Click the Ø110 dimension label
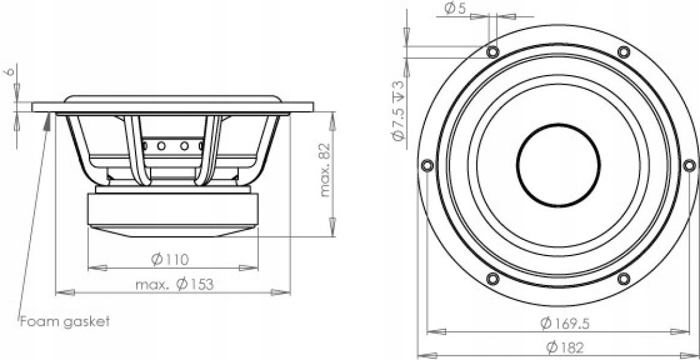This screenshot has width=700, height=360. click(x=170, y=259)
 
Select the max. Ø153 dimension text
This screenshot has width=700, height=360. click(x=174, y=284)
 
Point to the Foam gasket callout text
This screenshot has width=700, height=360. click(x=65, y=322)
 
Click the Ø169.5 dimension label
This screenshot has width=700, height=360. click(x=564, y=323)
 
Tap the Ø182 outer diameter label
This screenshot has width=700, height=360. click(x=564, y=347)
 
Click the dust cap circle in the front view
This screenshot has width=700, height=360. click(x=558, y=165)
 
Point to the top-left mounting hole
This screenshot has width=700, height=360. click(x=493, y=52)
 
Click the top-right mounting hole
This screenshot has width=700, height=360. click(x=624, y=52)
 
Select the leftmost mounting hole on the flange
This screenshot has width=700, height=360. click(x=427, y=165)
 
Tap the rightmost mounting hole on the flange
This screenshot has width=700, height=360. click(x=689, y=165)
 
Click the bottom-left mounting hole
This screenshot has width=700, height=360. click(x=493, y=278)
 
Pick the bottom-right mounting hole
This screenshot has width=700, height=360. click(x=624, y=278)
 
